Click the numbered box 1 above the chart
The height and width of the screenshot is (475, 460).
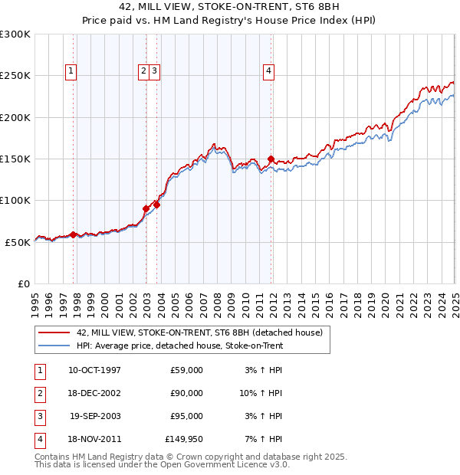click(70, 71)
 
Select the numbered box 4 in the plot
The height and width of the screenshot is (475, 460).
click(269, 71)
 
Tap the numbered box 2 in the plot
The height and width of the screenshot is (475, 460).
click(143, 71)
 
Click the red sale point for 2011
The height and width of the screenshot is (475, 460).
click(271, 159)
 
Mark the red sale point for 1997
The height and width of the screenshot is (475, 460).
click(73, 234)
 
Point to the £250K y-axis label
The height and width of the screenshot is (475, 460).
click(15, 76)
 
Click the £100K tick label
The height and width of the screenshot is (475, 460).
click(15, 200)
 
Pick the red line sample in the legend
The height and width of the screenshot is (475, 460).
click(53, 333)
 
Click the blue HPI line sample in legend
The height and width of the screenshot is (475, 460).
click(53, 346)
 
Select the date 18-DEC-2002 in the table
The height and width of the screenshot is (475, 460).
click(94, 393)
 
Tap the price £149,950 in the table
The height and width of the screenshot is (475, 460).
click(184, 439)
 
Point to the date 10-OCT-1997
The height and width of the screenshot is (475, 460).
click(94, 370)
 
